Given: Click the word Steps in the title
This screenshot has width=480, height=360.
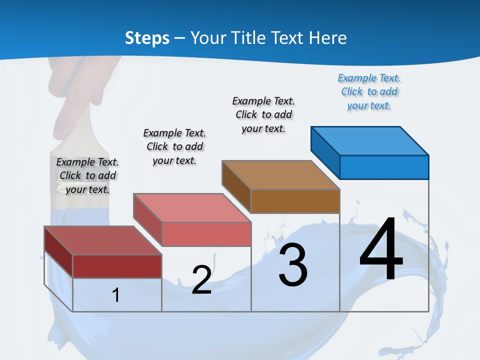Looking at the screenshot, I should [x=147, y=38].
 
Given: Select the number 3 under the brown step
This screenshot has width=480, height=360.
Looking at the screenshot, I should [x=293, y=265].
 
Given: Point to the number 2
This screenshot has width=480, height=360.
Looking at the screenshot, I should [x=201, y=280].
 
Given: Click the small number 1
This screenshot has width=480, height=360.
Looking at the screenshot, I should [x=116, y=295].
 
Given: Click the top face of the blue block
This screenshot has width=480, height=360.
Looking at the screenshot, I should [x=370, y=140].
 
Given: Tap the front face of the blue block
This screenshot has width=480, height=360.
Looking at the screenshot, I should [x=384, y=167].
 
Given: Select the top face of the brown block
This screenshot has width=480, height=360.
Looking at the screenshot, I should [x=280, y=174].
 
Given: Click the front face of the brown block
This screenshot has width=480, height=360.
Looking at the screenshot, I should [x=295, y=201].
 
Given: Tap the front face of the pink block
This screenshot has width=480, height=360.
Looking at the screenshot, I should [x=206, y=234].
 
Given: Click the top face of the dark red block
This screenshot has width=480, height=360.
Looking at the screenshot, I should [x=103, y=240].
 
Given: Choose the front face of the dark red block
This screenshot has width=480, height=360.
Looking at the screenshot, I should [x=117, y=266].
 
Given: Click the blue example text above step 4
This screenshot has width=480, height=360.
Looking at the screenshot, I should [x=369, y=91].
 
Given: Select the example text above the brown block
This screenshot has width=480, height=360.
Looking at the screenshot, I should [x=263, y=114].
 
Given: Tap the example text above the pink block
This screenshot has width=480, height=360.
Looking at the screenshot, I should [x=174, y=146].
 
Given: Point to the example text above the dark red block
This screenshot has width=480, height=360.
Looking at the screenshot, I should [x=87, y=175].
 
